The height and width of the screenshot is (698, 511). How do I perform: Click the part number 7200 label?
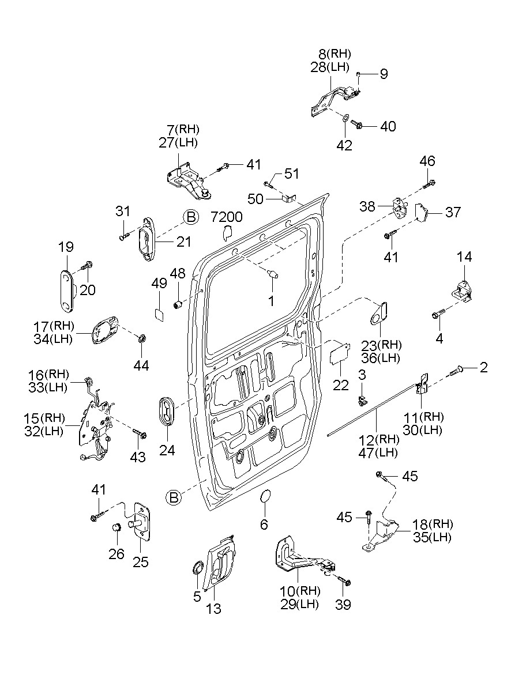click(226, 217)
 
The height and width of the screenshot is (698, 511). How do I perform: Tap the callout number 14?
click(464, 257)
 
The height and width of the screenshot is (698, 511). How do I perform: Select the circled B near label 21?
click(191, 217)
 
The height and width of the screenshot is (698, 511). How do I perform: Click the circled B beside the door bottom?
click(174, 497)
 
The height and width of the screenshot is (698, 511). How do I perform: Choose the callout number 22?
click(341, 386)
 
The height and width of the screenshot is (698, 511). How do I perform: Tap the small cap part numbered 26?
click(116, 526)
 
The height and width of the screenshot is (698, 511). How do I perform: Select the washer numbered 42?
click(344, 118)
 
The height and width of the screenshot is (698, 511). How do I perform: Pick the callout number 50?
click(255, 199)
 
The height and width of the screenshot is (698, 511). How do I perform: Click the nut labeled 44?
click(141, 337)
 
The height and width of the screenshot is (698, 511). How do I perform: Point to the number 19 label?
click(66, 247)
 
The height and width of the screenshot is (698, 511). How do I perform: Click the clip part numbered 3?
click(362, 398)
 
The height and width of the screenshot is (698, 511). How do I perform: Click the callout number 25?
click(141, 562)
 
